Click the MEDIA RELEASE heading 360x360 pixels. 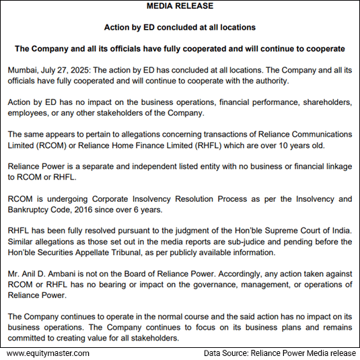pos(180,7)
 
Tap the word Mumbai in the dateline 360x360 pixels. pos(24,70)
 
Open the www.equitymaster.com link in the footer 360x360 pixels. pos(48,353)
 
